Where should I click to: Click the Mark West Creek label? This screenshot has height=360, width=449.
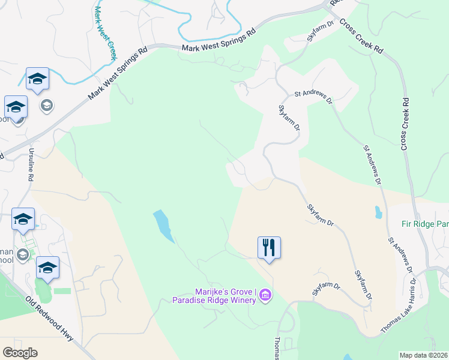(104, 33)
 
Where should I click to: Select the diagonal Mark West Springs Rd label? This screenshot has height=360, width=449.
(117, 74)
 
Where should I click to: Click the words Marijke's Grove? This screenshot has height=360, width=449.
(223, 291)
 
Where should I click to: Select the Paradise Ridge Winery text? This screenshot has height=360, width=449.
(213, 300)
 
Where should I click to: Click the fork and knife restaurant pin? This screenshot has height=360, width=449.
(269, 247)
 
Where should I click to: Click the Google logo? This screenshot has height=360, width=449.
(20, 352)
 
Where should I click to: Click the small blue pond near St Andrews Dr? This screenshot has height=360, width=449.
(378, 212)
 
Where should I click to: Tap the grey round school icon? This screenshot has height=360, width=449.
(46, 106)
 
